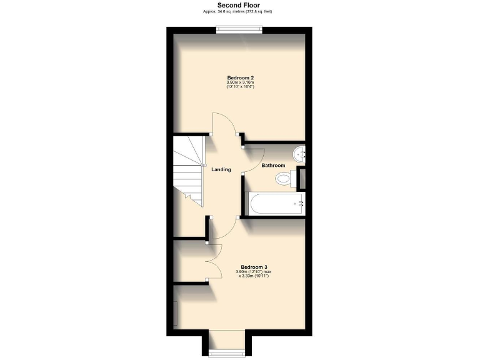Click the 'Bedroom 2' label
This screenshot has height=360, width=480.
tap(240, 78)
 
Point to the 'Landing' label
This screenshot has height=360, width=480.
tap(221, 169)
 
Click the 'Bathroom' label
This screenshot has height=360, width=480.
tap(273, 166)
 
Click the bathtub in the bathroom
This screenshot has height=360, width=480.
tap(275, 203)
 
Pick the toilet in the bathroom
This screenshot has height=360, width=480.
tap(284, 179)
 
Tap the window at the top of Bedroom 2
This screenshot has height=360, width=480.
tap(239, 27)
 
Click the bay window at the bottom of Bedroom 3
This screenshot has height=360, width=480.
tap(227, 352)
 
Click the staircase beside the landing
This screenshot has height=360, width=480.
tap(189, 172)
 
